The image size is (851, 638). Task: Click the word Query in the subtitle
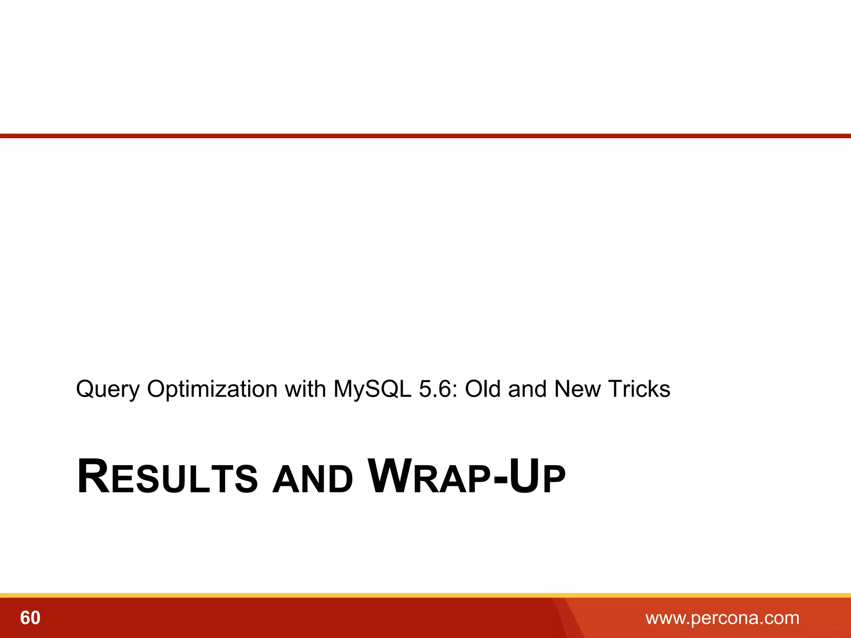click(x=108, y=390)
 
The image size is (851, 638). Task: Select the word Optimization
click(x=212, y=390)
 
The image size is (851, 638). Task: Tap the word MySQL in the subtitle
click(x=372, y=390)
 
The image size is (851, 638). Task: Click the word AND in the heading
click(x=312, y=480)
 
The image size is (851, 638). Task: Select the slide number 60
click(x=30, y=618)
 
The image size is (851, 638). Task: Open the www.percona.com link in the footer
click(x=722, y=618)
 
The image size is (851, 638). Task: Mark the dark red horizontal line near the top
click(x=425, y=136)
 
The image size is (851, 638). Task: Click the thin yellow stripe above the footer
click(x=425, y=595)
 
